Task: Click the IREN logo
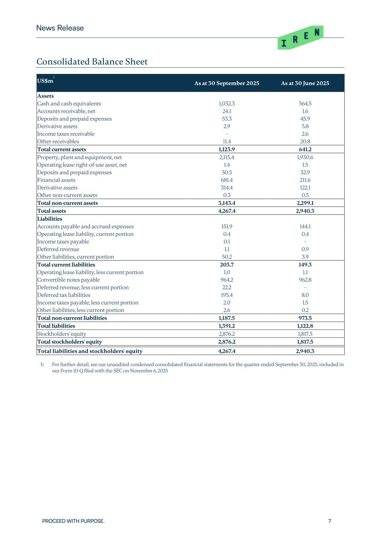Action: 300,38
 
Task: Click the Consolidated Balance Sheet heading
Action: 92,62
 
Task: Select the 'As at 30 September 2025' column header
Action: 226,83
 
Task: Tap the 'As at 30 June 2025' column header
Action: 305,83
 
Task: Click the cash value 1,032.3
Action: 226,104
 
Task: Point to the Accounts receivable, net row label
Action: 66,111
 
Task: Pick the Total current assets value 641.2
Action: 305,149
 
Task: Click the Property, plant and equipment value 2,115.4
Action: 226,157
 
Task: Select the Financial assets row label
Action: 56,180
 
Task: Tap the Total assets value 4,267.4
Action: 226,211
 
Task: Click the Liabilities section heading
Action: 50,219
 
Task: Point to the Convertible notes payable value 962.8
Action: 305,280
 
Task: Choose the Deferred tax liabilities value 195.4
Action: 226,295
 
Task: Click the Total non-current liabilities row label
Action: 72,318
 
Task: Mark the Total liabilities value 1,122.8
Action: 305,326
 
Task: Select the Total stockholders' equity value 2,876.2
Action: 226,342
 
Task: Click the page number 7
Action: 329,521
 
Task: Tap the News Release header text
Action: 60,28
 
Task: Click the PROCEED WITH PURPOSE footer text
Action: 73,521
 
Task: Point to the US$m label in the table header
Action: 45,81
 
